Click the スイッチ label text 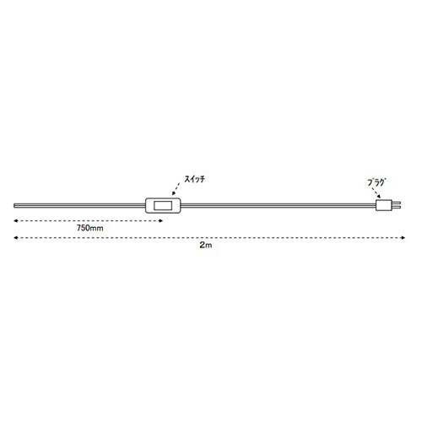pos(194,179)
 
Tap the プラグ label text pos(376,182)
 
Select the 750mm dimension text pos(90,228)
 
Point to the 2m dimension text pos(206,245)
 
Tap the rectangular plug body pos(384,205)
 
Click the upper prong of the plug pos(396,203)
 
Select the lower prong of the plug pos(396,208)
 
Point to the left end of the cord pos(14,206)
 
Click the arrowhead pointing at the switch pos(174,193)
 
